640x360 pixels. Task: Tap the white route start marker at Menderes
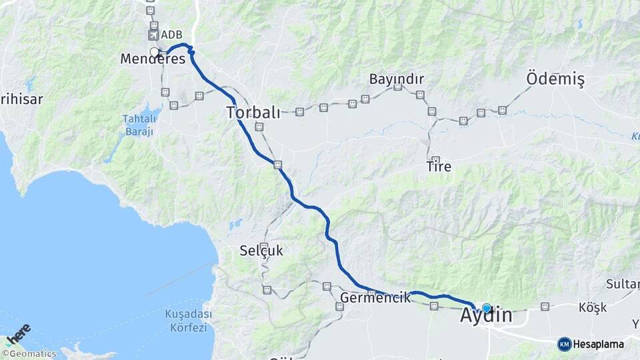(154, 52)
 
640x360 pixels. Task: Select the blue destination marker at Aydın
(487, 308)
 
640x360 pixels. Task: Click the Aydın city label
(486, 316)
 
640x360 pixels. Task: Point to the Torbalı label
(253, 111)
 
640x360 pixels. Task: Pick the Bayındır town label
(397, 79)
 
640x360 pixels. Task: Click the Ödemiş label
(555, 79)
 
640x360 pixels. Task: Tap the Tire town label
(438, 167)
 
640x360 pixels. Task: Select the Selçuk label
(261, 251)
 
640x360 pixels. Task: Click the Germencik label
(375, 297)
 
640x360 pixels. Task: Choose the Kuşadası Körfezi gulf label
(188, 321)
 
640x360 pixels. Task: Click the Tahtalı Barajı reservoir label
(139, 125)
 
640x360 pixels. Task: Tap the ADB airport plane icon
(154, 34)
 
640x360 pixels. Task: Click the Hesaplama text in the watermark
(599, 344)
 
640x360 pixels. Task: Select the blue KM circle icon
(564, 344)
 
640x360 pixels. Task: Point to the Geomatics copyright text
(29, 354)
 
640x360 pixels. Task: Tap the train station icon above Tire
(435, 159)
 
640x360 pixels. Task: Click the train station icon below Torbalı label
(259, 127)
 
